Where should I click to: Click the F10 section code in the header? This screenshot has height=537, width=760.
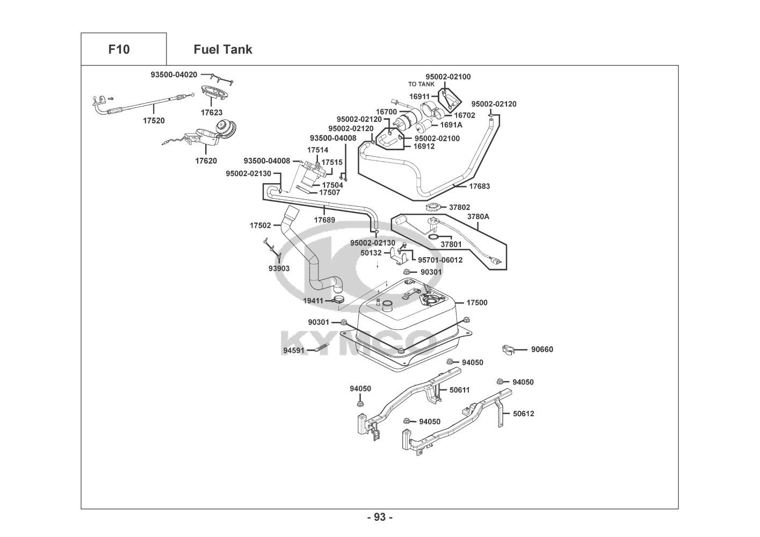[119, 49]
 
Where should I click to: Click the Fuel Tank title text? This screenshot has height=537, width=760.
[222, 49]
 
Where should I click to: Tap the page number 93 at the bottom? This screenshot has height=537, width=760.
[380, 517]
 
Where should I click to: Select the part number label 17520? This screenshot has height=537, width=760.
[154, 121]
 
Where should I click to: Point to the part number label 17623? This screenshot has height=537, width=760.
[212, 113]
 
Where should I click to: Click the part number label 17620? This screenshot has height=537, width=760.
[206, 161]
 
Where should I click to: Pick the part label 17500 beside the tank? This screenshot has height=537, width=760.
[476, 303]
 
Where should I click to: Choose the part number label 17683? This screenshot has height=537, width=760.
[479, 186]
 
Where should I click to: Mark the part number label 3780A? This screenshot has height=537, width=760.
[478, 216]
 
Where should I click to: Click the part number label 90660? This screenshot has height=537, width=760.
[542, 350]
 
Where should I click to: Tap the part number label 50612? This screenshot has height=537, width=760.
[523, 413]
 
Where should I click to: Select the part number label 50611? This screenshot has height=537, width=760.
[459, 390]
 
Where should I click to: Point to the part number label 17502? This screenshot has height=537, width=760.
[260, 226]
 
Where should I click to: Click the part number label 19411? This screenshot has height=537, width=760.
[313, 301]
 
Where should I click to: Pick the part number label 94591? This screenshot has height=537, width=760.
[294, 351]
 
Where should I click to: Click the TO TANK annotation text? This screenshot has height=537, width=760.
[421, 84]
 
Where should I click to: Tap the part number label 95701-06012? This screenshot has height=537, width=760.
[440, 260]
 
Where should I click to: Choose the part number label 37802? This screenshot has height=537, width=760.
[459, 207]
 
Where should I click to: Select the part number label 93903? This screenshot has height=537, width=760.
[279, 268]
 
